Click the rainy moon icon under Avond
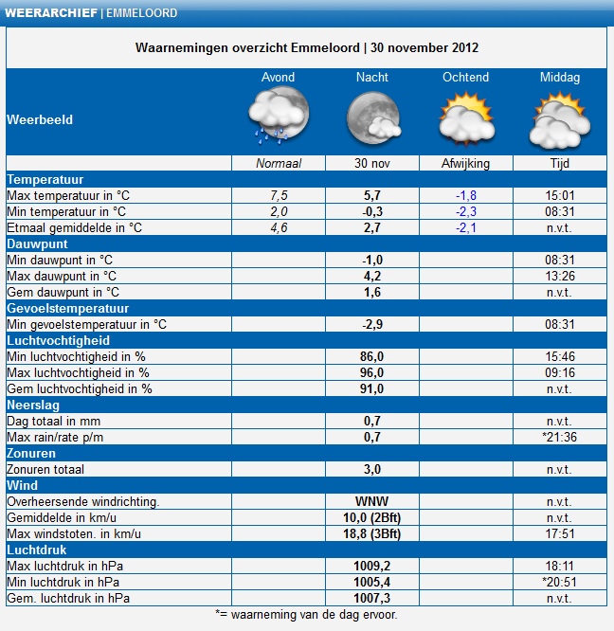pyautogui.click(x=279, y=116)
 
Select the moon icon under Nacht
pyautogui.click(x=373, y=117)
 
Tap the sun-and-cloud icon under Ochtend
pyautogui.click(x=467, y=118)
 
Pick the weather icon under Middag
pyautogui.click(x=560, y=119)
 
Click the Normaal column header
pyautogui.click(x=279, y=163)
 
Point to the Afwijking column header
pyautogui.click(x=465, y=163)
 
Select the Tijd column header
pyautogui.click(x=560, y=163)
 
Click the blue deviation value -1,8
pyautogui.click(x=466, y=195)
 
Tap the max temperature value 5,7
pyautogui.click(x=372, y=195)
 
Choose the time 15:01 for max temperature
pyautogui.click(x=560, y=195)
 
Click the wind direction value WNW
pyautogui.click(x=371, y=501)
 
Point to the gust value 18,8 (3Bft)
pyautogui.click(x=371, y=533)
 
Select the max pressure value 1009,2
pyautogui.click(x=371, y=566)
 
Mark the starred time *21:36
pyautogui.click(x=559, y=437)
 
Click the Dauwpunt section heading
pyautogui.click(x=37, y=243)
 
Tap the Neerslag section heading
pyautogui.click(x=33, y=405)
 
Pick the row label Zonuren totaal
pyautogui.click(x=45, y=469)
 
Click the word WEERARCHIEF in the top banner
pyautogui.click(x=51, y=13)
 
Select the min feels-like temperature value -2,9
pyautogui.click(x=372, y=324)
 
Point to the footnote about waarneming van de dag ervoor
pyautogui.click(x=306, y=615)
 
